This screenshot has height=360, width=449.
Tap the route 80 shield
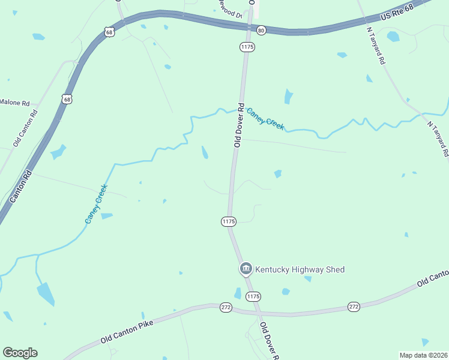[261, 30]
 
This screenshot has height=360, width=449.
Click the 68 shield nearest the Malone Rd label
[67, 98]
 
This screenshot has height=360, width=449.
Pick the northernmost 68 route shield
[109, 32]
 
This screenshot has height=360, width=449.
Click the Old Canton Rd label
[25, 128]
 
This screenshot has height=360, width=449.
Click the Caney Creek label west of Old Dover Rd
[96, 204]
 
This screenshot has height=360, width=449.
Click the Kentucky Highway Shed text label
[300, 269]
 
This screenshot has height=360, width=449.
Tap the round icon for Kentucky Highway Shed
[246, 269]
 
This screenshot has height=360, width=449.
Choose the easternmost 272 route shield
[354, 307]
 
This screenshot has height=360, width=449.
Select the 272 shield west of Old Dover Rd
[226, 307]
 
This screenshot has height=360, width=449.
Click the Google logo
[20, 353]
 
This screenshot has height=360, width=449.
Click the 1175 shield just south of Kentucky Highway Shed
[253, 296]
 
